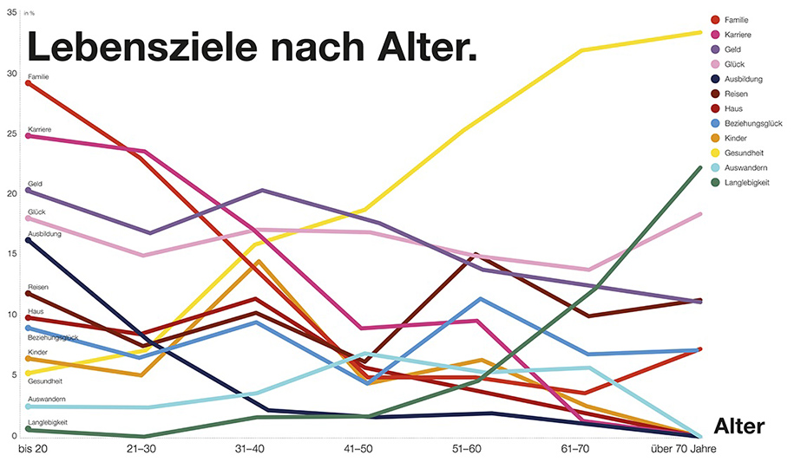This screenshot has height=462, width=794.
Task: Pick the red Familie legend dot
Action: [715, 19]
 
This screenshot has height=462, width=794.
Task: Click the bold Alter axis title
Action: [738, 426]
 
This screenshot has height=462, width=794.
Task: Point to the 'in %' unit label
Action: [30, 13]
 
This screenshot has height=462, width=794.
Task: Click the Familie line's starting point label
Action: [39, 77]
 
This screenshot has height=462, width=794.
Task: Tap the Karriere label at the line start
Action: [40, 129]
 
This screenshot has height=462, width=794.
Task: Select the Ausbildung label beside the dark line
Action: [44, 233]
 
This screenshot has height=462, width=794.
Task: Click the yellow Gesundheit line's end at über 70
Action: [699, 33]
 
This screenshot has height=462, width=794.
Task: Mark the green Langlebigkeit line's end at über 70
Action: [699, 168]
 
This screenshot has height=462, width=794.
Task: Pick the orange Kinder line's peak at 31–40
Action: [258, 261]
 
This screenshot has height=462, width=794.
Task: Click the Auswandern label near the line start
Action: [47, 399]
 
